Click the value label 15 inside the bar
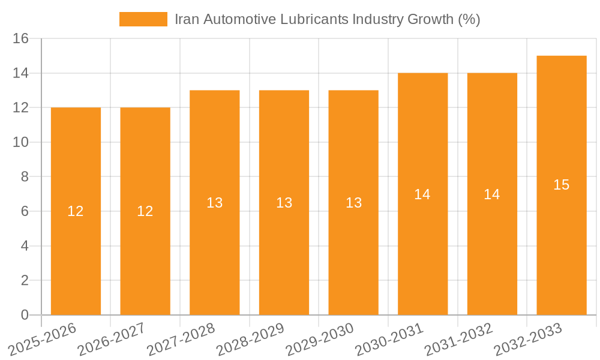click(562, 185)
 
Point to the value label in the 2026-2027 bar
click(145, 211)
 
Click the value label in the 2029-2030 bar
click(354, 203)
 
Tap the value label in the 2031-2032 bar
click(492, 194)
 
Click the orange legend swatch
click(143, 19)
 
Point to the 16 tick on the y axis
click(21, 39)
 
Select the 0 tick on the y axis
click(25, 315)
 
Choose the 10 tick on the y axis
click(21, 142)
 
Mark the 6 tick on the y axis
click(25, 211)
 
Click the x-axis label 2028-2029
click(250, 340)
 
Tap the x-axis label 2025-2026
click(43, 340)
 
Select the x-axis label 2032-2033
click(528, 340)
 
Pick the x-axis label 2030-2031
click(389, 340)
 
